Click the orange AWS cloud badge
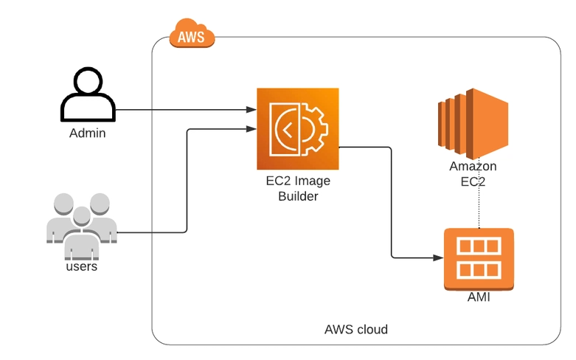click(192, 33)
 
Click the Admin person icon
click(88, 94)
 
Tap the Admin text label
click(88, 133)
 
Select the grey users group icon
click(82, 226)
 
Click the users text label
click(82, 266)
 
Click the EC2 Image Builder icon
click(297, 129)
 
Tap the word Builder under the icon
click(298, 196)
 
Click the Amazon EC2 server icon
click(473, 124)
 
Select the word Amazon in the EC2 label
click(473, 166)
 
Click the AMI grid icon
click(479, 260)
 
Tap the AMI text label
click(479, 297)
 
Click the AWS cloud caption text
click(356, 329)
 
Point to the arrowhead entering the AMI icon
click(439, 258)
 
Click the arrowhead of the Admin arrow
click(251, 109)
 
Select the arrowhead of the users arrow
click(251, 128)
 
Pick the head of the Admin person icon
click(88, 80)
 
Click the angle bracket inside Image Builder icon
click(288, 129)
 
